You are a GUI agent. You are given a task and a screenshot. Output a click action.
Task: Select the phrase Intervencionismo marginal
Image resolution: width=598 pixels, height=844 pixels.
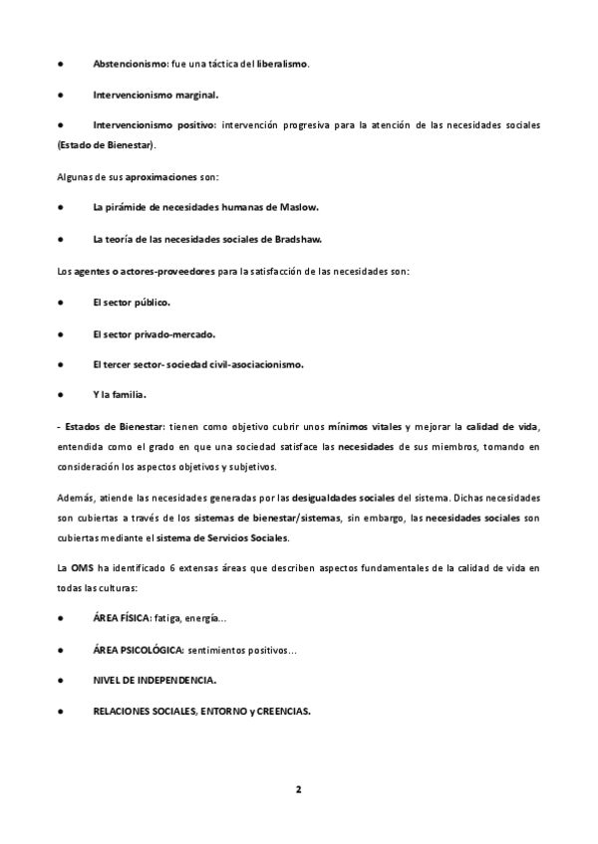pyautogui.click(x=155, y=95)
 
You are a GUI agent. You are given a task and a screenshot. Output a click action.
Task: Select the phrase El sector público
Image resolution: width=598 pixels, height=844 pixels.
pyautogui.click(x=132, y=302)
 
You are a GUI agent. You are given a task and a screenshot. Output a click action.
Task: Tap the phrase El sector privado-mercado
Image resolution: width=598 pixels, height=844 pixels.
pyautogui.click(x=154, y=332)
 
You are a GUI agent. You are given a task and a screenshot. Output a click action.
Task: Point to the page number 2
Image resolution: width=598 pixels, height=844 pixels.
pyautogui.click(x=298, y=789)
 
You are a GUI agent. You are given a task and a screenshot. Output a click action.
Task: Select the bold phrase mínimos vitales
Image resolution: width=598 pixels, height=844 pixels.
pyautogui.click(x=369, y=426)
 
